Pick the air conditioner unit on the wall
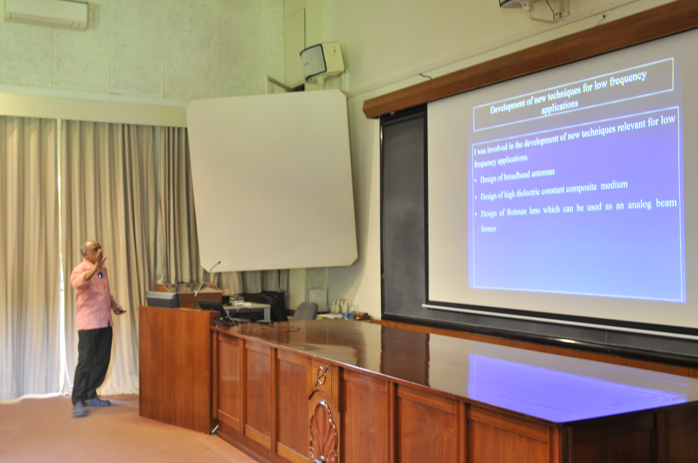point(47,15)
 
